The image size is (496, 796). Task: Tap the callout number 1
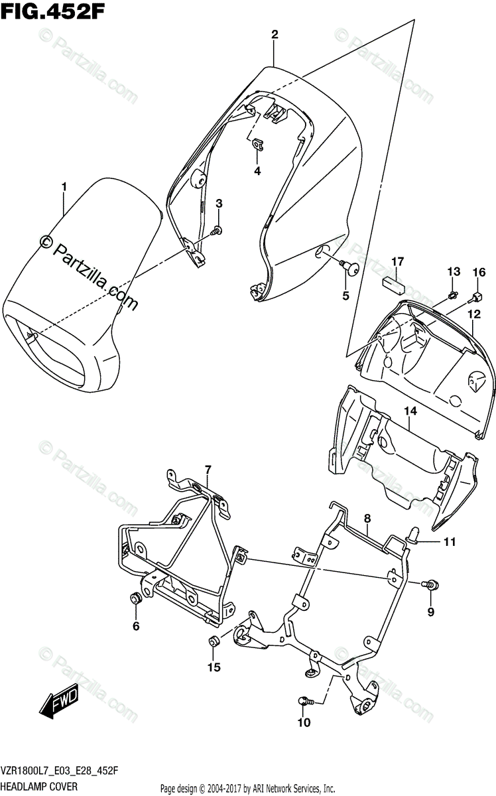point(64,188)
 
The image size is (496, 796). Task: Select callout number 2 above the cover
point(274,34)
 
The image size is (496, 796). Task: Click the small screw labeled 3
point(217,231)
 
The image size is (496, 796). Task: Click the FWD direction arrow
point(60,698)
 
